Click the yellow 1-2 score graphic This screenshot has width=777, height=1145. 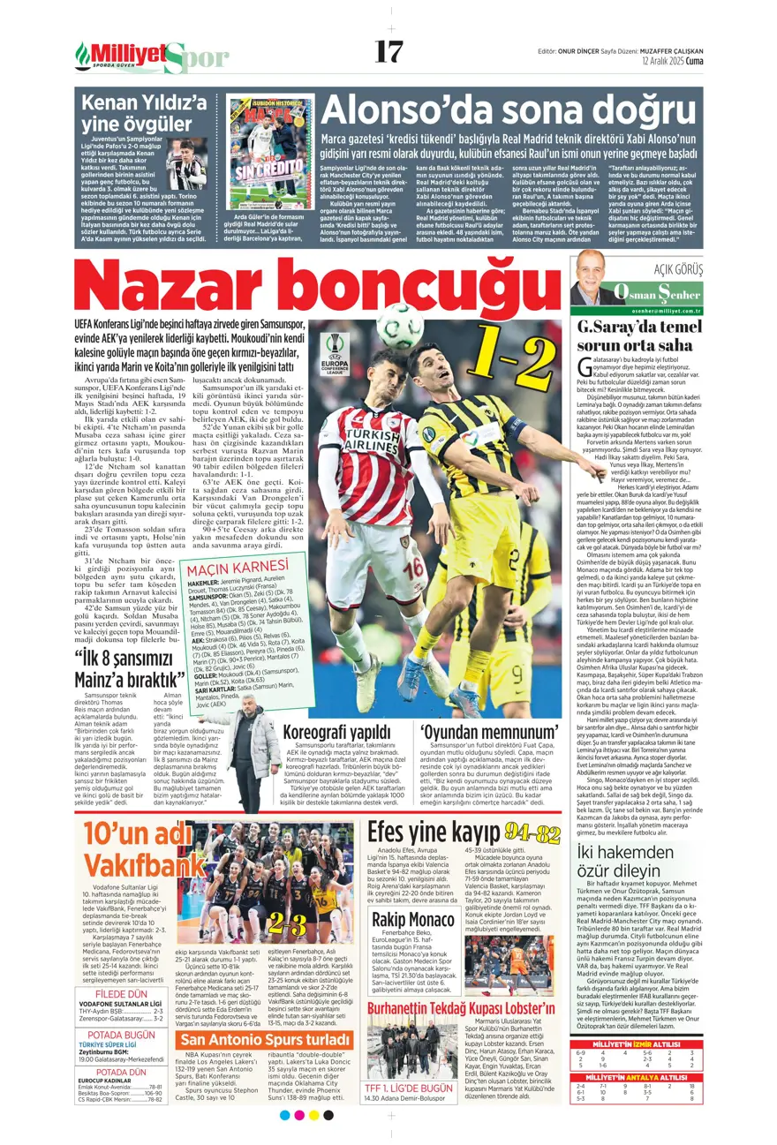pos(500,350)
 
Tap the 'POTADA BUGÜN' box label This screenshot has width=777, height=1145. pos(121,1034)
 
